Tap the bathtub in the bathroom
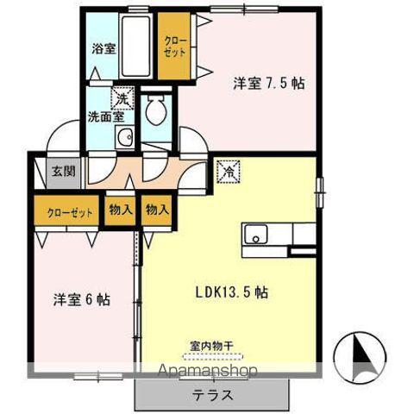[135, 45]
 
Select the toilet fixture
[156, 110]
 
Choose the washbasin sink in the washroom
[125, 135]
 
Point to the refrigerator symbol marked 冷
[229, 172]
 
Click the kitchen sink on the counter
[256, 234]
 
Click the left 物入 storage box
[120, 210]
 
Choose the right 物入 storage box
[156, 210]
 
